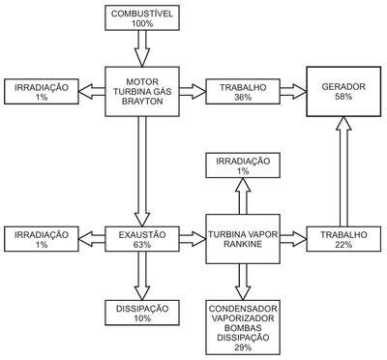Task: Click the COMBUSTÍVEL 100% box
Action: tap(142, 18)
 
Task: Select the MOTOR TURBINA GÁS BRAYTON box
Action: tap(142, 92)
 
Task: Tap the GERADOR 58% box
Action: tap(343, 92)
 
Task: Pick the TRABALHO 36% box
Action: tap(243, 92)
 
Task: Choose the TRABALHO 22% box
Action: tap(343, 239)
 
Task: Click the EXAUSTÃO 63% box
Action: tap(142, 239)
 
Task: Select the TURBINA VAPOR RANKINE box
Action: tap(243, 239)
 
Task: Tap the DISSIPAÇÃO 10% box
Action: tap(142, 313)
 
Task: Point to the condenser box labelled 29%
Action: tap(243, 327)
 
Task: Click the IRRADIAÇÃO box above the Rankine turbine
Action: tap(243, 165)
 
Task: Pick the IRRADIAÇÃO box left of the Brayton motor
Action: tap(42, 92)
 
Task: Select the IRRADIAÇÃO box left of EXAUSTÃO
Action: tap(42, 239)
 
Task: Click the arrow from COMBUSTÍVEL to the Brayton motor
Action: tap(142, 48)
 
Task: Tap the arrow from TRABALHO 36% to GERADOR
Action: tap(293, 92)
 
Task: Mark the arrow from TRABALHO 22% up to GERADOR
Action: tap(343, 171)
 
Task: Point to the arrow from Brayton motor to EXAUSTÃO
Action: tap(142, 171)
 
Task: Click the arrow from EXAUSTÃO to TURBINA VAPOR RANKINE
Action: tap(193, 239)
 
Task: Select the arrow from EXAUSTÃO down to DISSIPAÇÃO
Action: tap(142, 276)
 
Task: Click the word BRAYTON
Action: tap(142, 102)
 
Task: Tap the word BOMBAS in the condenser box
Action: tap(243, 328)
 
